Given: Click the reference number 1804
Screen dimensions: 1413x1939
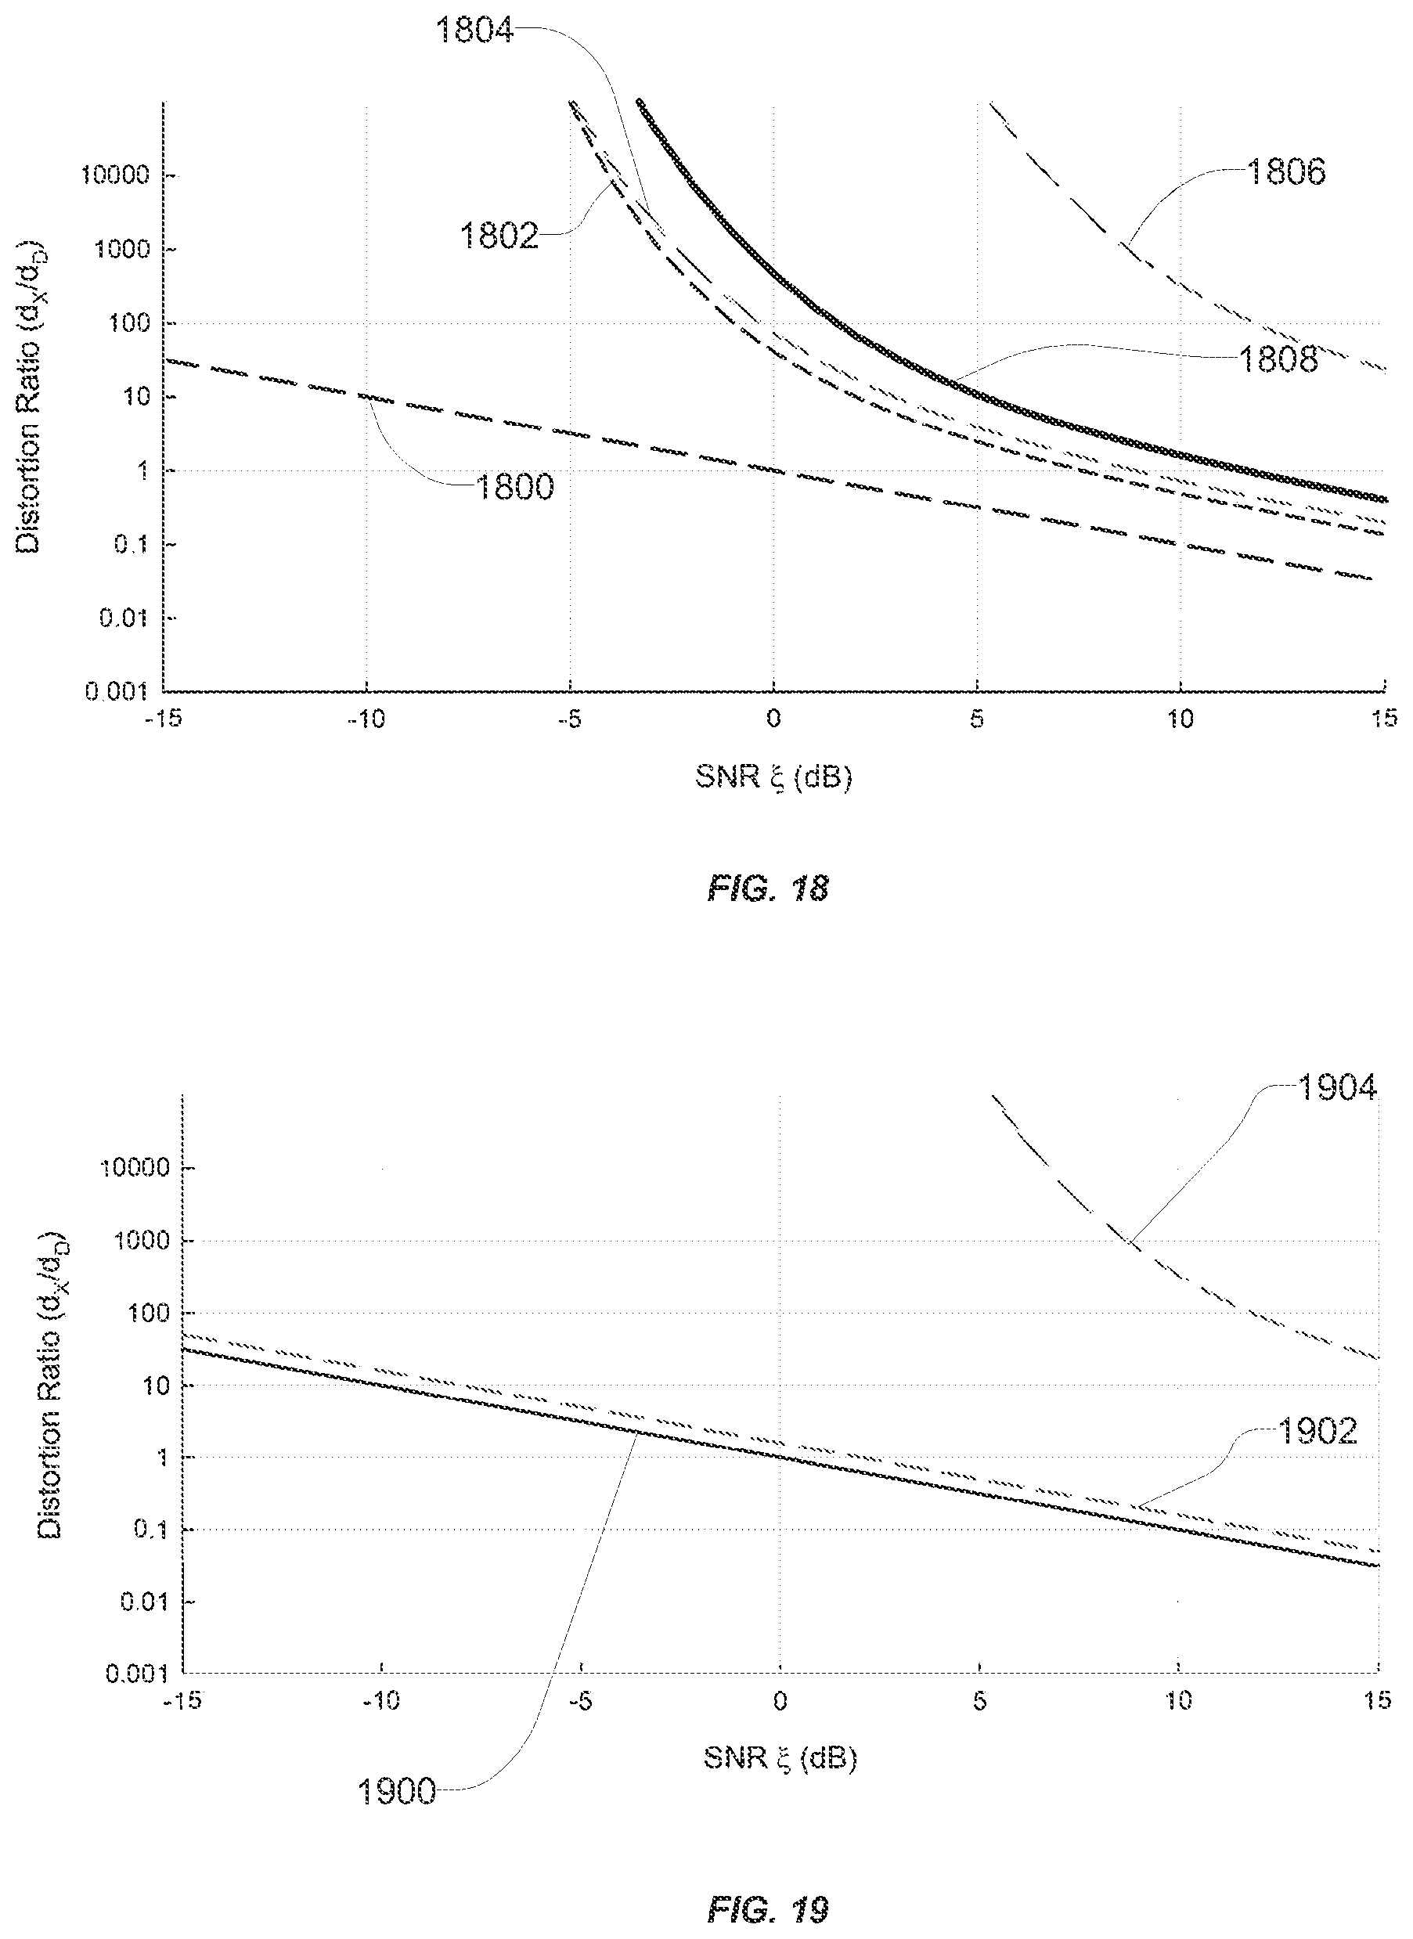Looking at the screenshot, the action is tap(474, 31).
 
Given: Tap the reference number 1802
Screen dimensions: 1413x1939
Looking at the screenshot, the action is tap(499, 235).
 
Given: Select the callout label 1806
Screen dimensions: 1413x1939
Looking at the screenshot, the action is tap(1286, 172).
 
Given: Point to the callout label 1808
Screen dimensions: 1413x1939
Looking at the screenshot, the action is tap(1278, 359).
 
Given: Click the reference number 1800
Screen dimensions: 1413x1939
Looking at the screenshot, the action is tap(514, 488).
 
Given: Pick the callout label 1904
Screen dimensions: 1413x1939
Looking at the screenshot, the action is tap(1337, 1088).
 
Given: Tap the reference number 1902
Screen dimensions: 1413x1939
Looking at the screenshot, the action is tap(1317, 1431).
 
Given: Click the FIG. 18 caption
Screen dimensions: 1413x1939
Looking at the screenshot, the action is tap(768, 888).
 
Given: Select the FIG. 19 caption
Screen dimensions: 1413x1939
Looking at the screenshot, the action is tap(768, 1909).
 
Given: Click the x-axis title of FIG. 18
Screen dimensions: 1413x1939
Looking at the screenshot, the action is tap(774, 777).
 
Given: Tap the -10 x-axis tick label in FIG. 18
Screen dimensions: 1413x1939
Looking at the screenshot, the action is tap(366, 719).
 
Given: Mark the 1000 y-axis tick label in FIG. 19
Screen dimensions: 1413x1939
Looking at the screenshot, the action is tap(142, 1240).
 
